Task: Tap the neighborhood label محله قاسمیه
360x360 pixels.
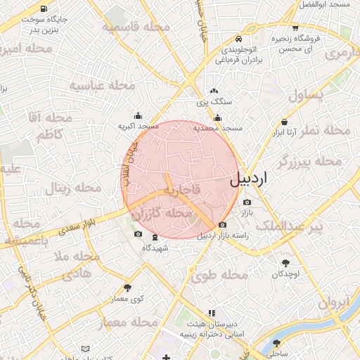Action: (136, 27)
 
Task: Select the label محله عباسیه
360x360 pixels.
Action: (101, 86)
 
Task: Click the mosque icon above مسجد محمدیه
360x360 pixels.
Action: (218, 117)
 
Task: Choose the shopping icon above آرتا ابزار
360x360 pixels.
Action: (284, 120)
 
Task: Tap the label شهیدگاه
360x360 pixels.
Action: (155, 248)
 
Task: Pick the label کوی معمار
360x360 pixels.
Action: (127, 299)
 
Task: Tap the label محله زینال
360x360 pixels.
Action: (75, 188)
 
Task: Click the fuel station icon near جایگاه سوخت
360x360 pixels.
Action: (44, 9)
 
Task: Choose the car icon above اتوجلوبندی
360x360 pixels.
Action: (240, 39)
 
